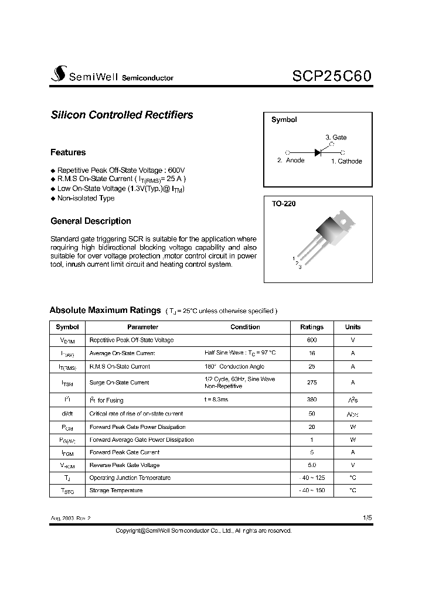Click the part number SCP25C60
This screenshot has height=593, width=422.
(331, 76)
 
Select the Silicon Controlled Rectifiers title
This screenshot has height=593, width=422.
(122, 115)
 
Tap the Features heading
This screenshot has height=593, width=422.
(68, 152)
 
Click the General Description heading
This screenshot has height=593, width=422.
(91, 221)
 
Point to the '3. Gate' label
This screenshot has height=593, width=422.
(336, 137)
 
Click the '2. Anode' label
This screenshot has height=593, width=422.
(291, 161)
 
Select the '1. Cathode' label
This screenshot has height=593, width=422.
(346, 161)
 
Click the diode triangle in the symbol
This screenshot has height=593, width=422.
(318, 152)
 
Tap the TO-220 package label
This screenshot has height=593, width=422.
(284, 205)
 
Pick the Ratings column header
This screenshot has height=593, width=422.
(311, 327)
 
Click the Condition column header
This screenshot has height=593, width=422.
(245, 327)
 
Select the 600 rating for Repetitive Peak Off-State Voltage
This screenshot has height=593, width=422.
(311, 340)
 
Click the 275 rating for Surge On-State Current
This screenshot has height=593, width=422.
(311, 383)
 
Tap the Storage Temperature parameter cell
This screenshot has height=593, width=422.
(115, 490)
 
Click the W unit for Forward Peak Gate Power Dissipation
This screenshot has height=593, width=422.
(353, 427)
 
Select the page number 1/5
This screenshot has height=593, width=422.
(367, 518)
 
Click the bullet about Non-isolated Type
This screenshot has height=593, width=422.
(86, 198)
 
